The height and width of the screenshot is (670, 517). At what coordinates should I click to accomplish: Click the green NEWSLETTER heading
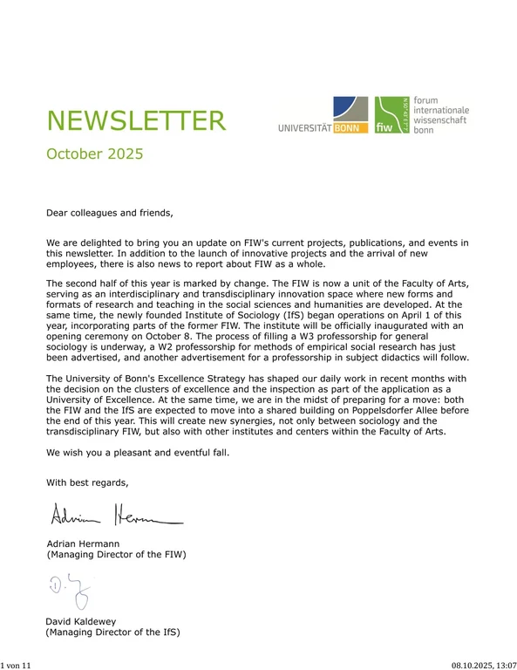point(136,120)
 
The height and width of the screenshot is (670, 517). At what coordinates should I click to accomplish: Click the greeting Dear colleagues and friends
point(110,212)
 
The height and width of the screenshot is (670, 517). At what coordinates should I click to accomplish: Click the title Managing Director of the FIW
point(116,554)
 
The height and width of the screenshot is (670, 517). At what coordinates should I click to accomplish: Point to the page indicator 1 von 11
point(17,665)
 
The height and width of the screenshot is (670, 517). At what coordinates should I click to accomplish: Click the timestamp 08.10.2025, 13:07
point(484,665)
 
